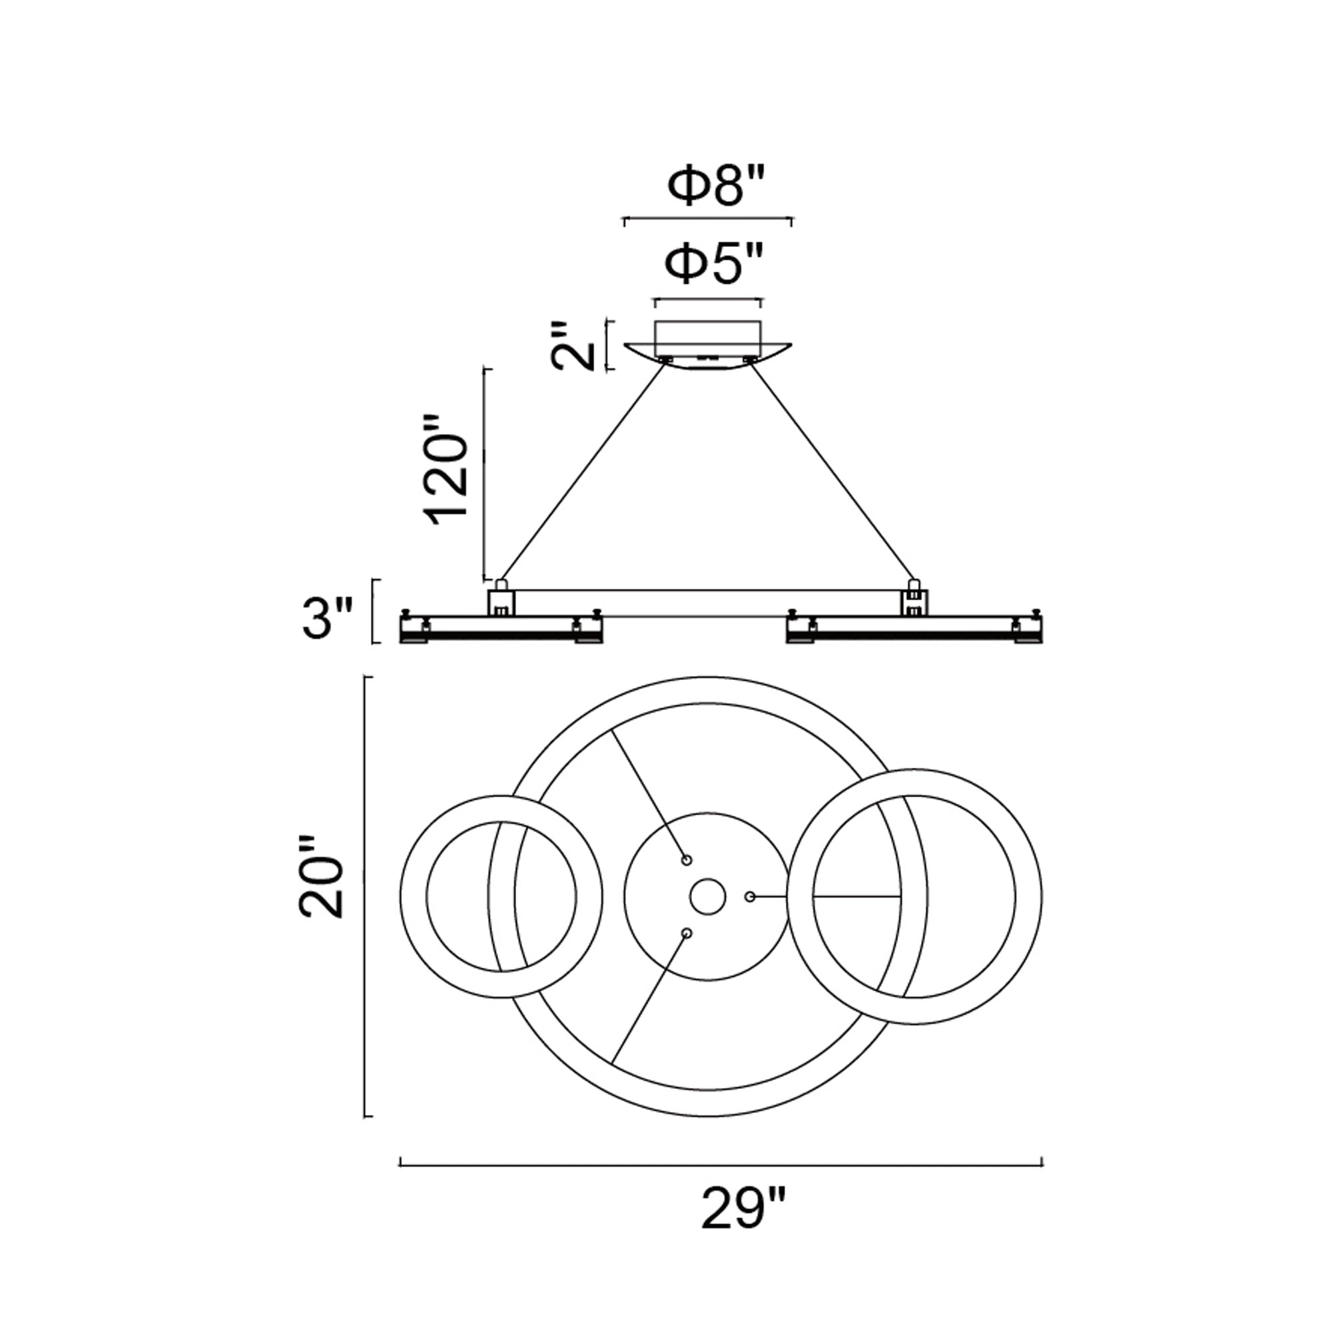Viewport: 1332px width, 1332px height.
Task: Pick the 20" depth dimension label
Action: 321,877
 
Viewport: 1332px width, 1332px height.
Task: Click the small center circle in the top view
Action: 707,897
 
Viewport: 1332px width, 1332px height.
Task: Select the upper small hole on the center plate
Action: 686,860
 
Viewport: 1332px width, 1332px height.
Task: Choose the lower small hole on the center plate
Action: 686,933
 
